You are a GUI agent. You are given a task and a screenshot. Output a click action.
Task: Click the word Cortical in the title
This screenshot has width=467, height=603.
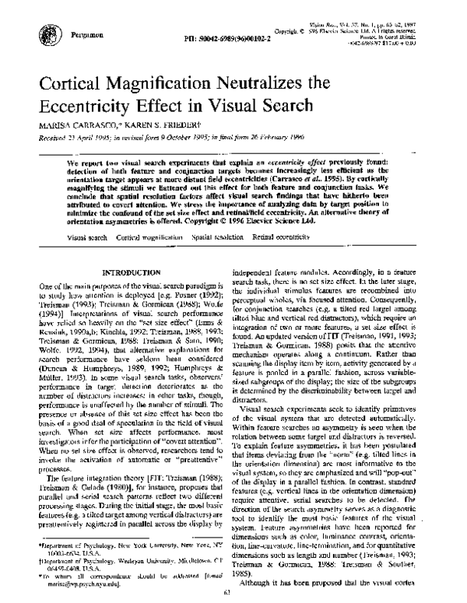click(x=93, y=81)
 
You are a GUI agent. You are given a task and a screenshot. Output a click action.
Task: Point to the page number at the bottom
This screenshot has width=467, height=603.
click(x=234, y=595)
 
